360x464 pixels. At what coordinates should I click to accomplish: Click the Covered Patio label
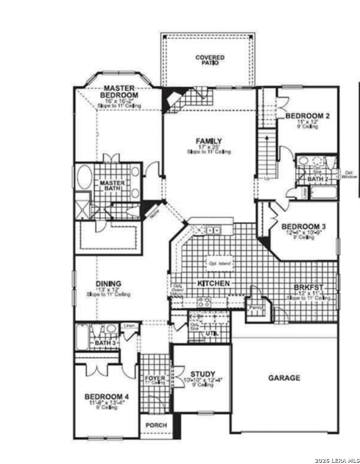(x=210, y=60)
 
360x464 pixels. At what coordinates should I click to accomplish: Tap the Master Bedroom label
(x=119, y=92)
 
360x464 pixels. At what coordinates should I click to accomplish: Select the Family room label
(x=209, y=141)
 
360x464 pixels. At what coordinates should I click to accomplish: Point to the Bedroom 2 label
(x=308, y=116)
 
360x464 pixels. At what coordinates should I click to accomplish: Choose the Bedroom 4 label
(x=107, y=397)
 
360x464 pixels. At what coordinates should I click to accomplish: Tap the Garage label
(x=284, y=378)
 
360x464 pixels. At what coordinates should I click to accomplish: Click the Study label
(x=204, y=374)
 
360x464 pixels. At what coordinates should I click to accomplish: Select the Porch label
(x=156, y=425)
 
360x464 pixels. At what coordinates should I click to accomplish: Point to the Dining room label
(x=108, y=284)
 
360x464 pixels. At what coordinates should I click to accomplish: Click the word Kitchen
(x=214, y=284)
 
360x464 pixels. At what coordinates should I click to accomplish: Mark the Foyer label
(x=156, y=379)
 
